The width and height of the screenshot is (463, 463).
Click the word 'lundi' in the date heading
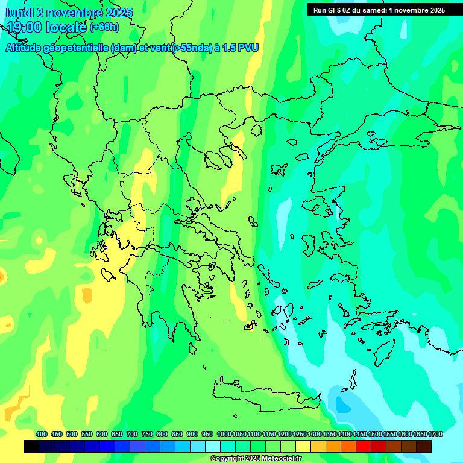tap(19, 13)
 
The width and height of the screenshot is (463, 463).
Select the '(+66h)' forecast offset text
tap(104, 27)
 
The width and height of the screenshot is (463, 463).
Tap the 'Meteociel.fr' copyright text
tap(281, 459)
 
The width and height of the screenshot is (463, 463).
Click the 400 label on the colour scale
tap(42, 435)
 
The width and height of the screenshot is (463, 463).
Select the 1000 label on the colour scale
tap(224, 435)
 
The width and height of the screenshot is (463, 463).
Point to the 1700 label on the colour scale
tap(435, 435)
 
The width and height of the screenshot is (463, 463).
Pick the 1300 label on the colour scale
tap(315, 435)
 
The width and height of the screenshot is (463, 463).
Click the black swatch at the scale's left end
tap(32, 447)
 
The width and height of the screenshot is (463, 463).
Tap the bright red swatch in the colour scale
tap(364, 447)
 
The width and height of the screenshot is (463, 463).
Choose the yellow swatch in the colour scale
tap(303, 447)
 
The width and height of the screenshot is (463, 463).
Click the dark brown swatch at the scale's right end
tap(424, 447)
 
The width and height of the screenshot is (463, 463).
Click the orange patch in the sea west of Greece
tap(87, 296)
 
